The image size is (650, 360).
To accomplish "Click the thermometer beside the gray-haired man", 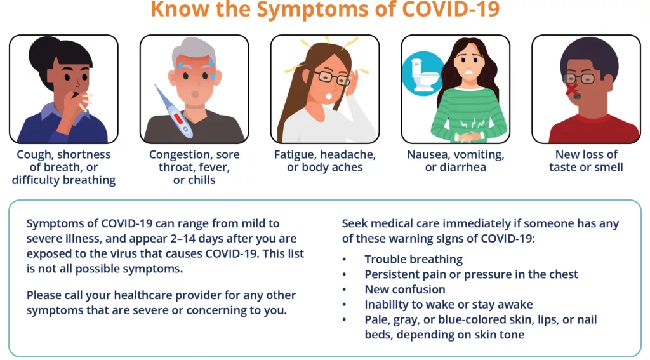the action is pyautogui.click(x=174, y=112).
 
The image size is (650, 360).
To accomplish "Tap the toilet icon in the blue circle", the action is pyautogui.click(x=423, y=75).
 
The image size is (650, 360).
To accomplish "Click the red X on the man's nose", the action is pyautogui.click(x=572, y=89).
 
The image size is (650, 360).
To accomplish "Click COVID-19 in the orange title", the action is pyautogui.click(x=451, y=9).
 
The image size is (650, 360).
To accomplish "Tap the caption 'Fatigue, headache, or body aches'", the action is pyautogui.click(x=324, y=161).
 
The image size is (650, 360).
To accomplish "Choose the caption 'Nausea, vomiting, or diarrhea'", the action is pyautogui.click(x=455, y=161).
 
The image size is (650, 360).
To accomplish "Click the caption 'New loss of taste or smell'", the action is pyautogui.click(x=586, y=161).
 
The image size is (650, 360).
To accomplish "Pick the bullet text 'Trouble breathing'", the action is pyautogui.click(x=413, y=259).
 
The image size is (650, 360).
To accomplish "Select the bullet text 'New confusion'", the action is pyautogui.click(x=404, y=289).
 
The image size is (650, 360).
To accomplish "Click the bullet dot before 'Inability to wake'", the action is pyautogui.click(x=344, y=305).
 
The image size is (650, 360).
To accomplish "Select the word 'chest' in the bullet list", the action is pyautogui.click(x=562, y=274).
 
